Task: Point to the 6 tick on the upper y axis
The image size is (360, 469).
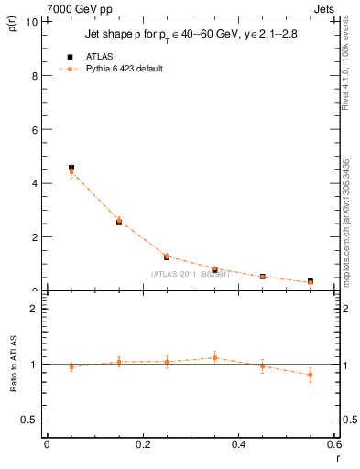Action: click(35, 130)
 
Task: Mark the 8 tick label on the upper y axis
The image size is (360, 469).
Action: click(35, 76)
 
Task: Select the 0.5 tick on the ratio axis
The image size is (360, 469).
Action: click(30, 420)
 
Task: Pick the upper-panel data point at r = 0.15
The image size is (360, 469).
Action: click(119, 222)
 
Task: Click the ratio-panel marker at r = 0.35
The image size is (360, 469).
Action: click(214, 357)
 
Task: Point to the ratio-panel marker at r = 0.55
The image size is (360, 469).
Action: click(311, 375)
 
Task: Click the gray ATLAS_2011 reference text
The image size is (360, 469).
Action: click(190, 273)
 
